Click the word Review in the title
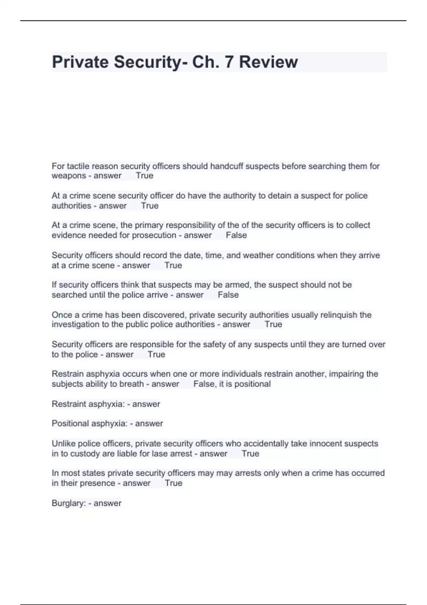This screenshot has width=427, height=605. coord(268,62)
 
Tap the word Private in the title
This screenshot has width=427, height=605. coord(80,62)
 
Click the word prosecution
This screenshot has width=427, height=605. coord(154,235)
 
